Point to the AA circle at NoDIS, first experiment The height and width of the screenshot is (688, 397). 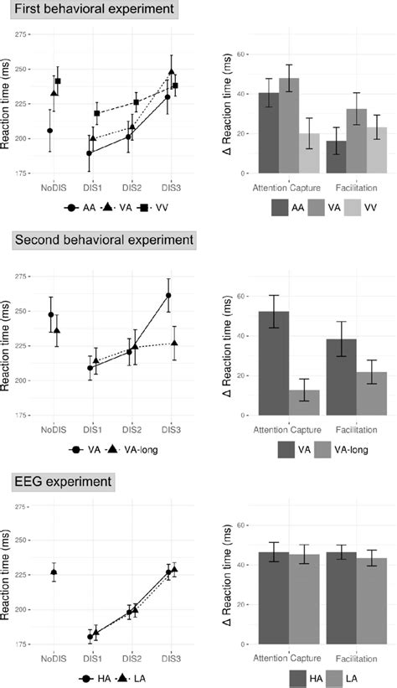50,131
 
